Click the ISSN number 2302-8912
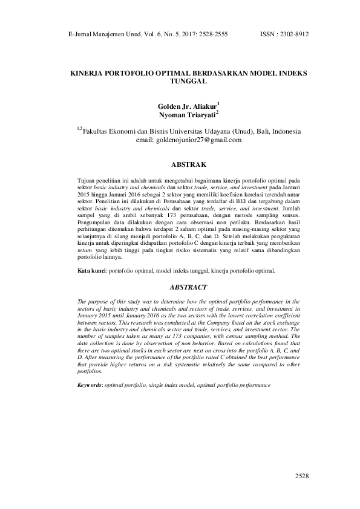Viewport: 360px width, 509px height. coord(293,34)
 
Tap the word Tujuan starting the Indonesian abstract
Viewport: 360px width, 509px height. coord(88,181)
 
